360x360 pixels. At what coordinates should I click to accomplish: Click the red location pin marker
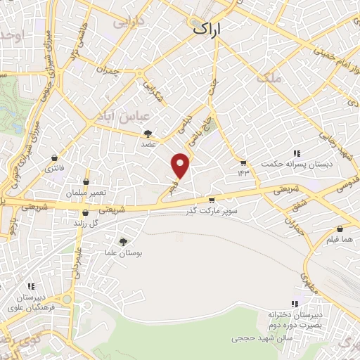pos(181,165)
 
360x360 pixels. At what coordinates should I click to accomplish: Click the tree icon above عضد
pos(148,133)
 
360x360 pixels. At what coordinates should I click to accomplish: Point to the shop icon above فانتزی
pos(54,158)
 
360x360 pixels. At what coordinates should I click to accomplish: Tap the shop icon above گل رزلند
pos(85,212)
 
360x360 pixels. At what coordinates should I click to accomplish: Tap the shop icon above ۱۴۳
pos(243,163)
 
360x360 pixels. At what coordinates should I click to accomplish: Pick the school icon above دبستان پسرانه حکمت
pos(297,153)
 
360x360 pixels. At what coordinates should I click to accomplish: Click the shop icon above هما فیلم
pos(340,229)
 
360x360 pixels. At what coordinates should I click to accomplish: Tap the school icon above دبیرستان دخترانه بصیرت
pos(296,304)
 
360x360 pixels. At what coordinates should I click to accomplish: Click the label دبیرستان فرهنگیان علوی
pos(30,302)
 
